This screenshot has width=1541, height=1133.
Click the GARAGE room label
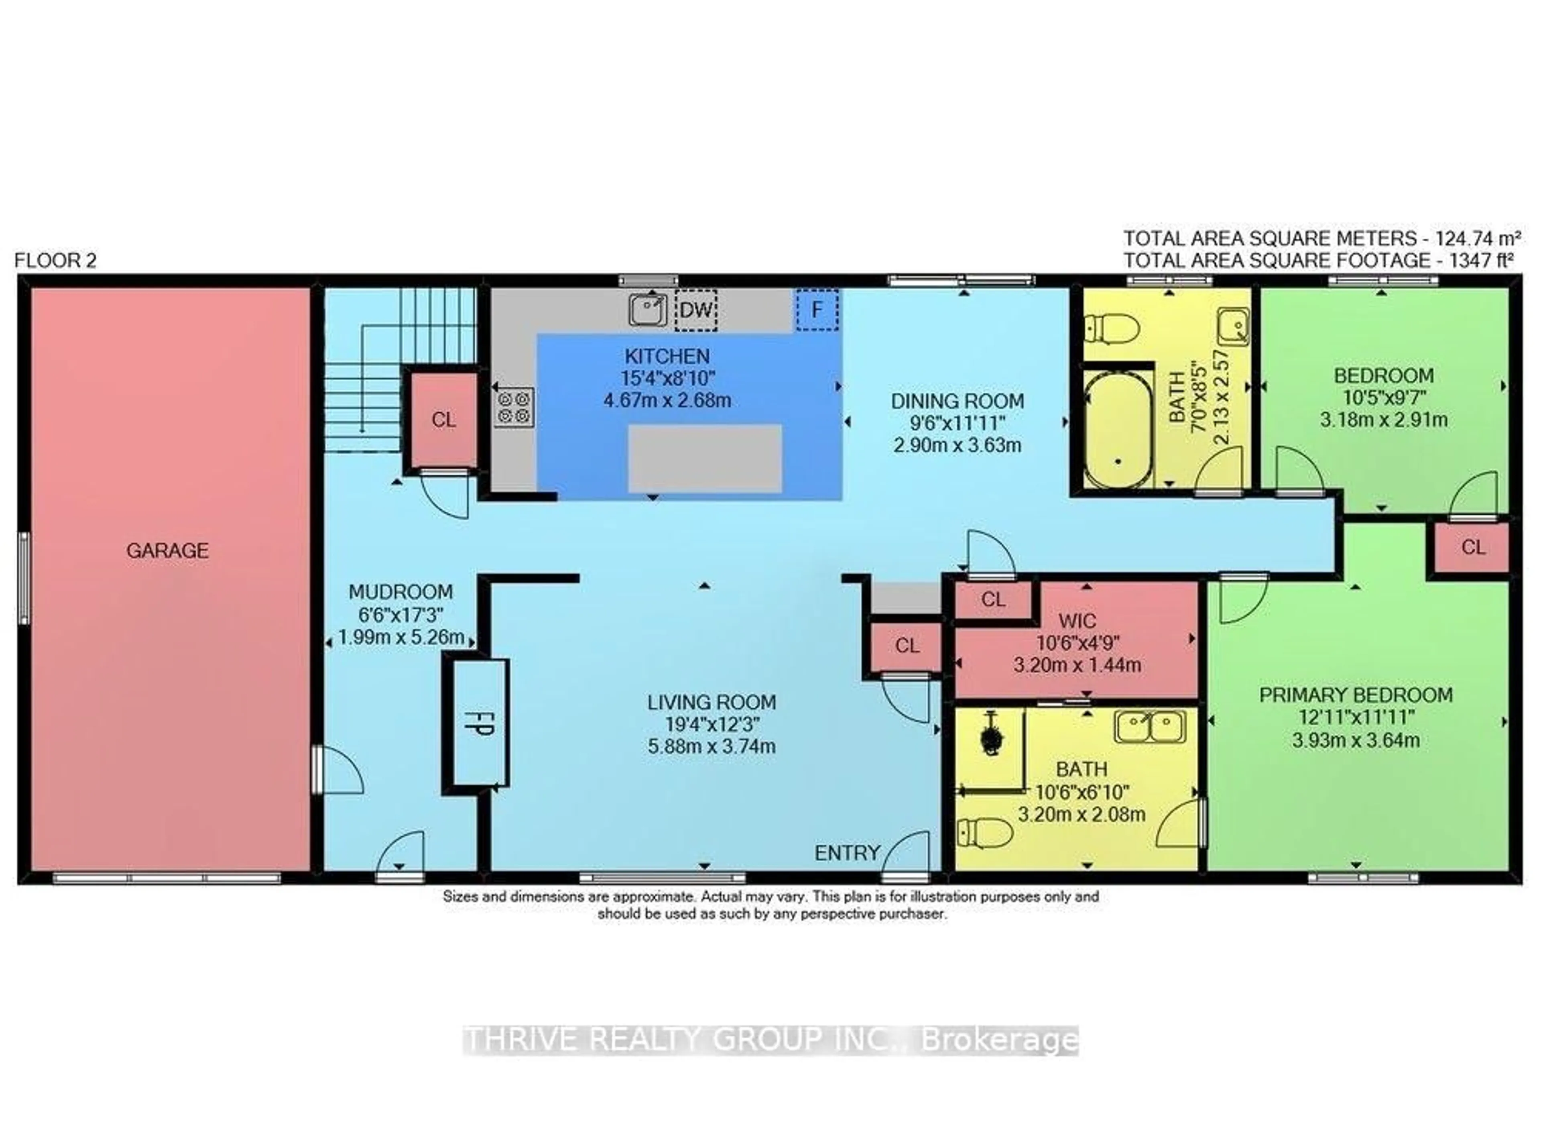pos(167,550)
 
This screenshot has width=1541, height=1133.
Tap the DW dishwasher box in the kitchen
pos(696,309)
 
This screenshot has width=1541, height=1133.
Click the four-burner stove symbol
pos(513,407)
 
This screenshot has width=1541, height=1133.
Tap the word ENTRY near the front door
pos(847,852)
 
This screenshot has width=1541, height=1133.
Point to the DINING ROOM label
pos(957,401)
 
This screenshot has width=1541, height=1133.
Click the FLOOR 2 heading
pos(55,261)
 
